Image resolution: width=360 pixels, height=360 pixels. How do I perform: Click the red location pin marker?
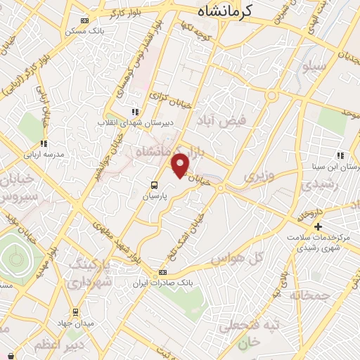[181, 165]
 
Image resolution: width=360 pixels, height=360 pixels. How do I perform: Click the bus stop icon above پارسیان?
[153, 185]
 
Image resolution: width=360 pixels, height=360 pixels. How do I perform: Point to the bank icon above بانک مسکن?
[85, 20]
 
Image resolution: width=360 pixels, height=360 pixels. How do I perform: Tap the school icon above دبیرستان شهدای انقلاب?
[136, 111]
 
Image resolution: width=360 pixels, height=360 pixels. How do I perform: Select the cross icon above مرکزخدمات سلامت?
[318, 226]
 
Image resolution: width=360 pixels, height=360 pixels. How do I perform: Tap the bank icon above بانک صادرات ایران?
[163, 272]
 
